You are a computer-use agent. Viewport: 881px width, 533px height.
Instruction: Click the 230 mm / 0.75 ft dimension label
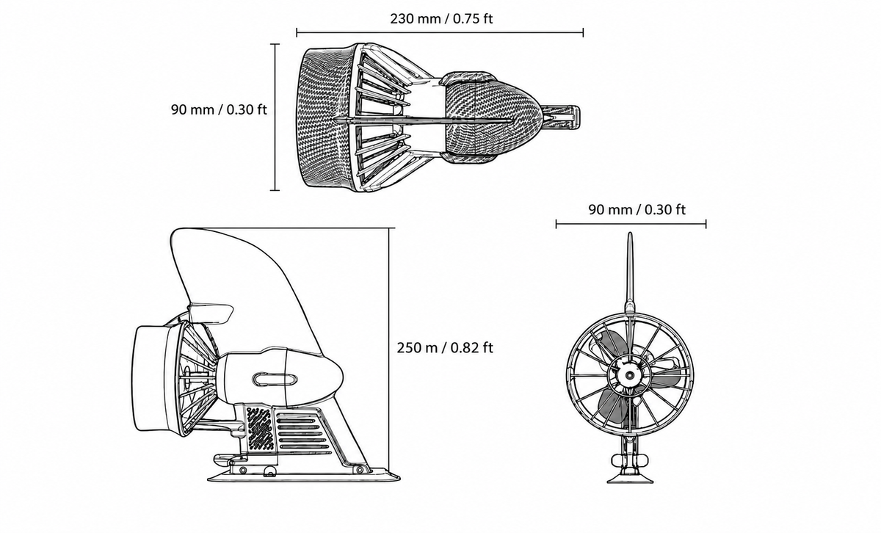pos(441,18)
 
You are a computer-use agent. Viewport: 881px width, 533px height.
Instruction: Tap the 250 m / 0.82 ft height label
pos(444,348)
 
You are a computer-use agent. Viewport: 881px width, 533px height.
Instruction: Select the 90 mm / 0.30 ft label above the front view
pos(637,210)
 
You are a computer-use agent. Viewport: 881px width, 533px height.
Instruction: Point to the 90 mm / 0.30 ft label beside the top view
pos(219,109)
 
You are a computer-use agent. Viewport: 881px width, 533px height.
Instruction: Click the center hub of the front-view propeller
pos(630,375)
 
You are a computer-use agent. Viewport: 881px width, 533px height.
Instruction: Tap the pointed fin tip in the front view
pos(630,233)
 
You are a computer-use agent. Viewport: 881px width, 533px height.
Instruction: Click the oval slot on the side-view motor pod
pos(275,379)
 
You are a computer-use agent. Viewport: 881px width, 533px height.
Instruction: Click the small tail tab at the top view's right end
pos(560,117)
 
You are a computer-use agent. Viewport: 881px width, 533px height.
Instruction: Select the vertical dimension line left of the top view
pos(275,117)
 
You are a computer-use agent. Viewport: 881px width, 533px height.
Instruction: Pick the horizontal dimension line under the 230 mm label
pos(440,32)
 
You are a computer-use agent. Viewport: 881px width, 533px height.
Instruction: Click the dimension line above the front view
pos(631,224)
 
